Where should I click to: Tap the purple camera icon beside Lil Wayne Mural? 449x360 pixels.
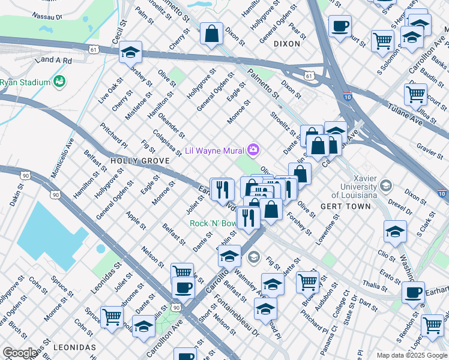[x=254, y=149]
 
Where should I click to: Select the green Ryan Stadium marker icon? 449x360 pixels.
[x=59, y=80]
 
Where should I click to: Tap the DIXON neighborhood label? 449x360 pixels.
[x=286, y=44]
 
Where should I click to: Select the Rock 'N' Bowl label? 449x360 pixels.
[x=212, y=223]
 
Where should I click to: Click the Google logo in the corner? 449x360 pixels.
[x=19, y=353]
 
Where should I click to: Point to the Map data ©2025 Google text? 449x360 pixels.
[x=411, y=355]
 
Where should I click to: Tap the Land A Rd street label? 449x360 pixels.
[x=53, y=61]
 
